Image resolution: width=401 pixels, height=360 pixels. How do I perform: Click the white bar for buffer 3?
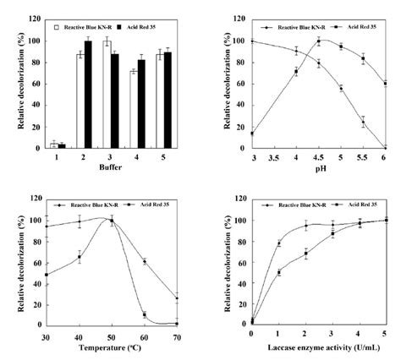(107, 94)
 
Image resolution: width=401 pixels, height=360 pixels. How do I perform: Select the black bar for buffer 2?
(89, 95)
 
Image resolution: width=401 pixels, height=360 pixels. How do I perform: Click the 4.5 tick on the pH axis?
(319, 158)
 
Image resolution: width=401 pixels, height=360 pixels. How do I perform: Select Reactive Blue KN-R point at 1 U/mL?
(279, 244)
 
